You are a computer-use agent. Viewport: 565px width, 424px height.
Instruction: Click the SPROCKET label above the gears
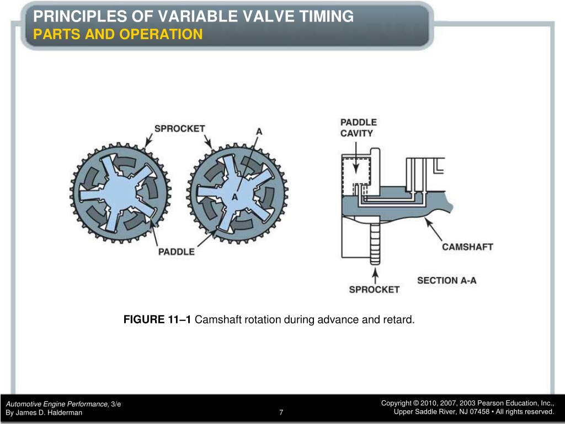point(179,129)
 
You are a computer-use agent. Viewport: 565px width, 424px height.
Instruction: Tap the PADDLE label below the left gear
point(177,252)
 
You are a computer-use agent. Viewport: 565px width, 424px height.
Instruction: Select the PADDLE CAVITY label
point(358,128)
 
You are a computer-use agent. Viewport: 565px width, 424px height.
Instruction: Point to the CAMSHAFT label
point(467,247)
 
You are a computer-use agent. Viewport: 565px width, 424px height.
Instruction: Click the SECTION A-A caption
point(447,280)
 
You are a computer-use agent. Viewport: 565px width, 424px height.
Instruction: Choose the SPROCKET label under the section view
point(374,289)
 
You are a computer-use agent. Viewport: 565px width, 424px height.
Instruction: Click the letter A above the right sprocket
point(259,132)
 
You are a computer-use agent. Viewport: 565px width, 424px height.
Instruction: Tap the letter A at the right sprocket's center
point(234,197)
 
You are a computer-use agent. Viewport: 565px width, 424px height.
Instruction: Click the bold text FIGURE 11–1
point(157,320)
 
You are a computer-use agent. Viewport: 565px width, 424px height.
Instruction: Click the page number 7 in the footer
point(281,412)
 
